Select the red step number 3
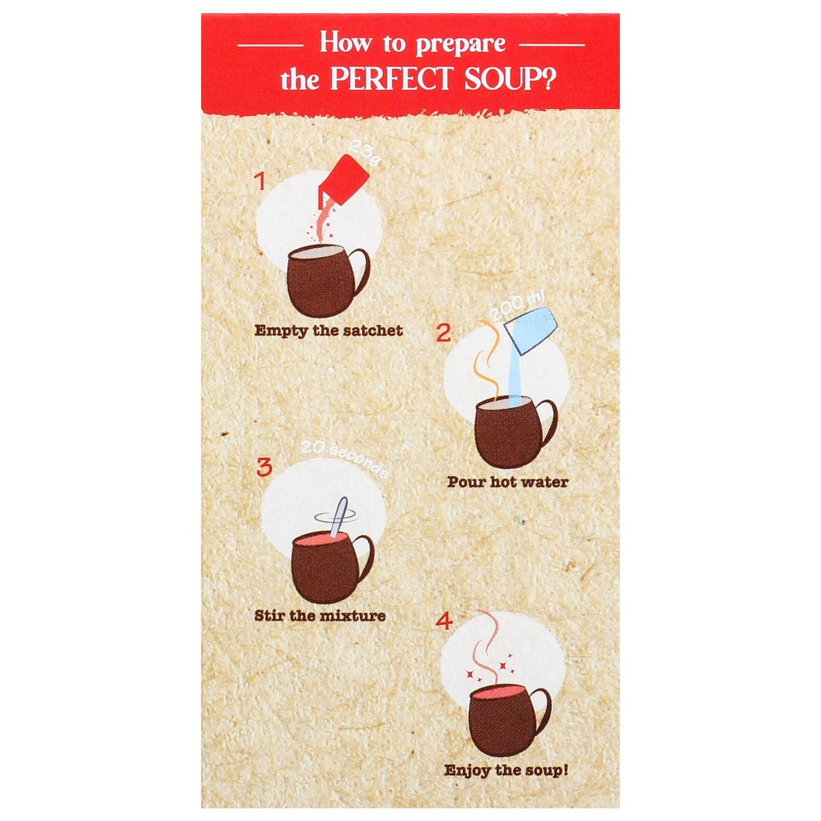tap(264, 468)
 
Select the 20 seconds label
tap(344, 462)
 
